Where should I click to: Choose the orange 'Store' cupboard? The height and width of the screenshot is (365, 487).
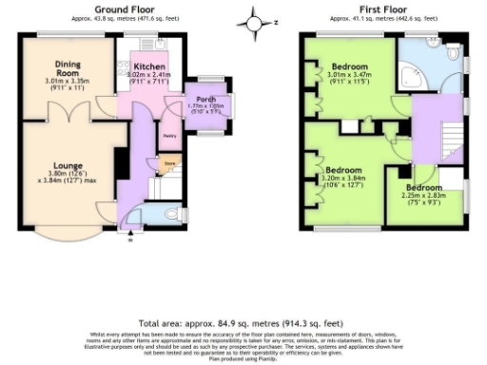click(x=170, y=164)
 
